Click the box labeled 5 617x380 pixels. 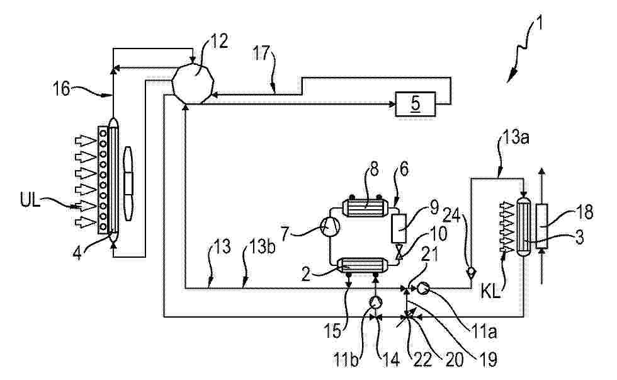tap(415, 103)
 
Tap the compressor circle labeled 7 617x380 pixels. tap(329, 227)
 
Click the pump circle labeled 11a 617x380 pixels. tap(422, 289)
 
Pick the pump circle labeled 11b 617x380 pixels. tap(375, 302)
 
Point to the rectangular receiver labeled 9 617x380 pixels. tap(399, 229)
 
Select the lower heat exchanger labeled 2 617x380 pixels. tap(363, 265)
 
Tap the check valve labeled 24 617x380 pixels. tap(471, 272)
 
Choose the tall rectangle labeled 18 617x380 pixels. tap(542, 226)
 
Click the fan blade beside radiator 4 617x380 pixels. tap(128, 183)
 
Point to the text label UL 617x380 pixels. tap(30, 201)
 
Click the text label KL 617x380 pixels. tap(490, 292)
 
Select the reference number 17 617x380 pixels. tap(262, 54)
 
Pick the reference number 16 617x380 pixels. tap(62, 89)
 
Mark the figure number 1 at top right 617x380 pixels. tap(540, 24)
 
